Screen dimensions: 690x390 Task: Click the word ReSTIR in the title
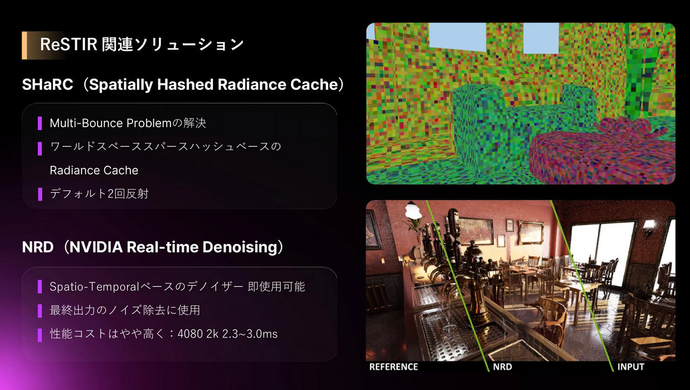click(69, 45)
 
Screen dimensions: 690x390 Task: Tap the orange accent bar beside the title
click(25, 45)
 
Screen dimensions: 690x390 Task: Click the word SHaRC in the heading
click(47, 84)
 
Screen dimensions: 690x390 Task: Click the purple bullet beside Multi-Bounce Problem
click(40, 123)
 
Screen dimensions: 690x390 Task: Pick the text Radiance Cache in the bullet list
click(94, 170)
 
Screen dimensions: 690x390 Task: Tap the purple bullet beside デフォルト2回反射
click(40, 194)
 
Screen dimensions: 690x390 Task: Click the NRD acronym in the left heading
click(37, 247)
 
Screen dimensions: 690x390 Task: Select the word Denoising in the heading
click(240, 247)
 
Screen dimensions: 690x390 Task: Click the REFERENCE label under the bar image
click(393, 367)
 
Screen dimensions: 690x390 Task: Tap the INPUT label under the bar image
click(630, 367)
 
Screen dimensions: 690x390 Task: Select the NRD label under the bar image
click(502, 367)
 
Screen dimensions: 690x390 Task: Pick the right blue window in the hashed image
click(541, 38)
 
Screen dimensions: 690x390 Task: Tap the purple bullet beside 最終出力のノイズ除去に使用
click(40, 311)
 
